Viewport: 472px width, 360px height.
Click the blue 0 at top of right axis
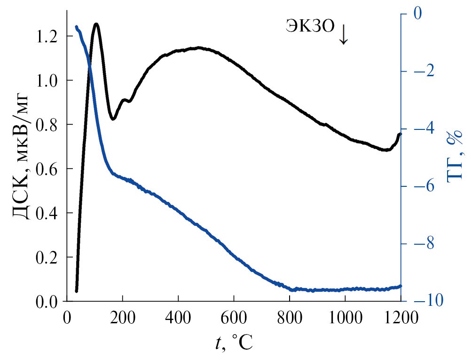(417, 14)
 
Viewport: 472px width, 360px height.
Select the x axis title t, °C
(234, 344)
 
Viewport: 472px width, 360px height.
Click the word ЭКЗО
(311, 26)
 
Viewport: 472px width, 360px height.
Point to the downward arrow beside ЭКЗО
(344, 34)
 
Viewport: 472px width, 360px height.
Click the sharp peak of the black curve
(96, 24)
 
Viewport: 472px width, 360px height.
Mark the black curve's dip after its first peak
(113, 119)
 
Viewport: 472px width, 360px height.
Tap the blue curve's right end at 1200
(400, 286)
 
